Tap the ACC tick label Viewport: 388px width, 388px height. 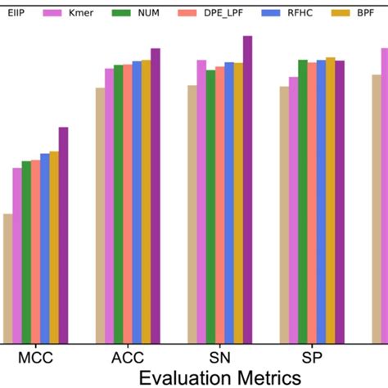[128, 358]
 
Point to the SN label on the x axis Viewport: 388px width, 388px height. [220, 358]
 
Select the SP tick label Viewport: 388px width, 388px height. [312, 358]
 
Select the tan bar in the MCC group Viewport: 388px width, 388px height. [7, 278]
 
